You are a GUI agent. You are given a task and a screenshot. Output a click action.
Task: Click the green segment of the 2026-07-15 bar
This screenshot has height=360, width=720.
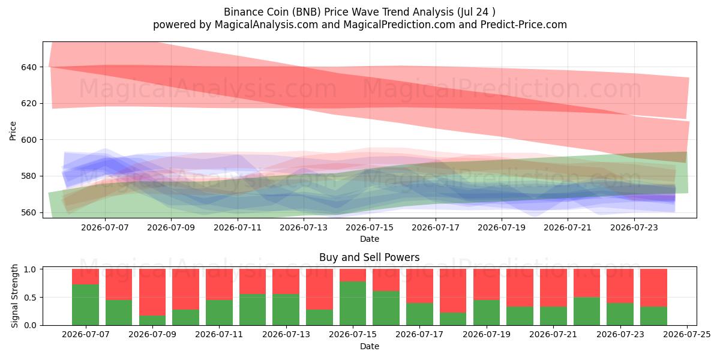[353, 303]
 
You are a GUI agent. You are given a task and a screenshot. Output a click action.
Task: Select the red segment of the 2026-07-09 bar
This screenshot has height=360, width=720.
[152, 292]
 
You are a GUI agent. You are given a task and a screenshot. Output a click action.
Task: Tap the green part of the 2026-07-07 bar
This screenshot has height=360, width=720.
[85, 305]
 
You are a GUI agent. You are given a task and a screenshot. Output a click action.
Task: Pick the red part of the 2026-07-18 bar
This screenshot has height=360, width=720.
[453, 291]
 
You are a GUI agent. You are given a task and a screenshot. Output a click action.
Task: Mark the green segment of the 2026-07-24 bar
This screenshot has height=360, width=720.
[653, 316]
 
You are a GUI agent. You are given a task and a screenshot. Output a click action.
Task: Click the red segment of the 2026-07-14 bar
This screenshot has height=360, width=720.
[319, 289]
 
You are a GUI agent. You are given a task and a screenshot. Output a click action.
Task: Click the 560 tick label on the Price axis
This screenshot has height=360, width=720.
[29, 212]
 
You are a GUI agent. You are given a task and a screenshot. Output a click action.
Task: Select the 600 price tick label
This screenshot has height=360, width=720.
[29, 140]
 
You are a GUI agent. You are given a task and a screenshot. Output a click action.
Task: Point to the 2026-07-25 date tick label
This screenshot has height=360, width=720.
[687, 335]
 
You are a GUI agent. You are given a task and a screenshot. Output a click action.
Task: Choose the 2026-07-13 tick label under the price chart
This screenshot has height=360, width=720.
[304, 227]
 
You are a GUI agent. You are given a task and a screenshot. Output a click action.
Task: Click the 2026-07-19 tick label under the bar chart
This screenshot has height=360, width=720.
[487, 335]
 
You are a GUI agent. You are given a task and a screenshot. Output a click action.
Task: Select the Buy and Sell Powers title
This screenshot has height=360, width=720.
[370, 257]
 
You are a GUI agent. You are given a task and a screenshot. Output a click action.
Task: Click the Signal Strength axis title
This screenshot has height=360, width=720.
[14, 296]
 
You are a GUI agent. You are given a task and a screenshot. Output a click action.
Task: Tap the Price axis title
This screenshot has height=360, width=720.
[13, 131]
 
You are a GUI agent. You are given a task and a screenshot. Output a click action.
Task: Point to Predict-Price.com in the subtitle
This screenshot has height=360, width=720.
[524, 25]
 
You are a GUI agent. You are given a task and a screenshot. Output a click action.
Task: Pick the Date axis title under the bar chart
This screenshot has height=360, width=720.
[370, 346]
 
